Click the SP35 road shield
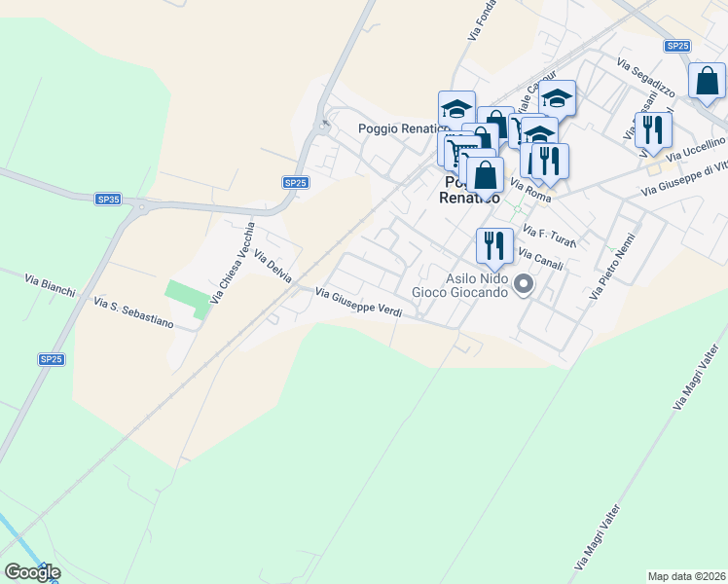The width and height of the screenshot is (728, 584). (108, 199)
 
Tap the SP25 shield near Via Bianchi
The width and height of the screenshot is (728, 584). (51, 359)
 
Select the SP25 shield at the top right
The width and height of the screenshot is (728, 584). (677, 46)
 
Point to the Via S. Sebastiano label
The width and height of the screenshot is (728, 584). (133, 314)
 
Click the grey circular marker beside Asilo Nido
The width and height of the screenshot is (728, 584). (524, 285)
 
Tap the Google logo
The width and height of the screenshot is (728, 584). (32, 572)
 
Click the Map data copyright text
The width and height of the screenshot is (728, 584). (686, 576)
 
